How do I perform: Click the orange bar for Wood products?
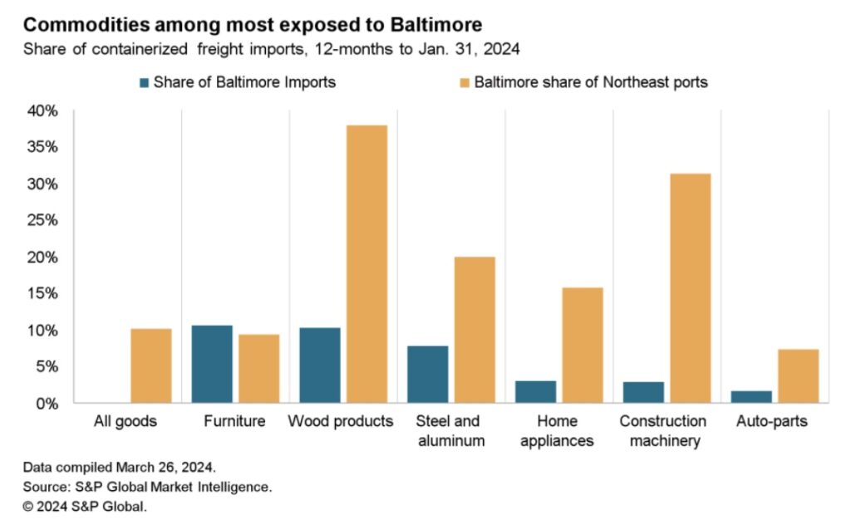(x=366, y=264)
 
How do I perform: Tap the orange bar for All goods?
(x=151, y=366)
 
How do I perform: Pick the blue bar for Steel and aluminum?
(x=428, y=374)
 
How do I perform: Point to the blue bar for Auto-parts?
(x=751, y=396)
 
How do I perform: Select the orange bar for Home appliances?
(x=582, y=345)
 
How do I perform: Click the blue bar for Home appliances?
(x=536, y=391)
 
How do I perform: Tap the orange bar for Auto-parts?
(x=798, y=375)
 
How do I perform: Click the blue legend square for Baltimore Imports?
(x=145, y=82)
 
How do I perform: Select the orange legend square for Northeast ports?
(x=465, y=82)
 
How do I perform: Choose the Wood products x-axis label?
(x=341, y=421)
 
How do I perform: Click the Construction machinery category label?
(x=663, y=430)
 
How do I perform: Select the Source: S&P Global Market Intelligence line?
(x=147, y=486)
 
